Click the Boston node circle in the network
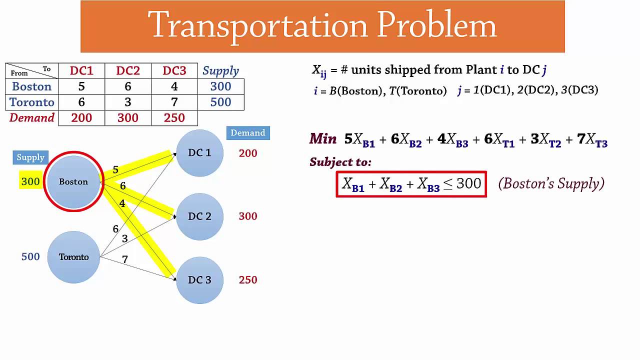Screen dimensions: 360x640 (x=73, y=181)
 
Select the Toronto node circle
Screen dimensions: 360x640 (x=73, y=257)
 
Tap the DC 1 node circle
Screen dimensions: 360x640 (x=199, y=153)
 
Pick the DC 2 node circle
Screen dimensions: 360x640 (x=199, y=216)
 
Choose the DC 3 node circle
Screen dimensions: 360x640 (x=199, y=280)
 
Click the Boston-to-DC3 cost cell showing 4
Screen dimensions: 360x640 (x=174, y=86)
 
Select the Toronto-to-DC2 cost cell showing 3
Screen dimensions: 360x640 (x=128, y=102)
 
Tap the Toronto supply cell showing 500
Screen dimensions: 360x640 (x=220, y=102)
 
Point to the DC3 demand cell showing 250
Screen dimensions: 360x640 (x=174, y=118)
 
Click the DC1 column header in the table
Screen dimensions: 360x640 (x=81, y=71)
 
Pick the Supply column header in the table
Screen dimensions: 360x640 (x=220, y=71)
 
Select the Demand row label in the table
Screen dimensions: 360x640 (x=31, y=118)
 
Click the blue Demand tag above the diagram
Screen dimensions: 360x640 (x=248, y=133)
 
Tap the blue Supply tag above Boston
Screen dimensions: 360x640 (x=30, y=157)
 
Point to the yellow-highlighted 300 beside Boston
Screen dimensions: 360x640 (x=30, y=181)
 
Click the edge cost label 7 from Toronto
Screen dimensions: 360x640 (x=125, y=259)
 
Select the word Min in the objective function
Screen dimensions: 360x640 (x=323, y=139)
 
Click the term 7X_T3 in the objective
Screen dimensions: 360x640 (x=592, y=140)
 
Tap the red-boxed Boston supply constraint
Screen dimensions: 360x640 (x=411, y=184)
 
